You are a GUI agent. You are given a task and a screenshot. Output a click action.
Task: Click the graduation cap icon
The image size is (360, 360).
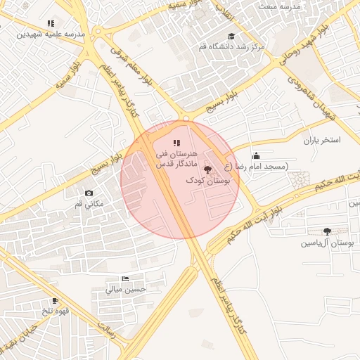tap(232, 36)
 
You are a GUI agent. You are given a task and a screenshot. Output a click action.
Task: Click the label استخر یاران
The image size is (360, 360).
tap(322, 140)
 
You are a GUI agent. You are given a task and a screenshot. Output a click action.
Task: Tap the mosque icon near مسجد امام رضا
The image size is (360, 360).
tap(256, 155)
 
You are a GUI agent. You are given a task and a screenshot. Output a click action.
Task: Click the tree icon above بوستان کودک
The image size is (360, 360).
tap(207, 169)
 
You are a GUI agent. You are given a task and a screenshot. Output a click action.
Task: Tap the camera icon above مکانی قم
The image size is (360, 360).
tap(89, 193)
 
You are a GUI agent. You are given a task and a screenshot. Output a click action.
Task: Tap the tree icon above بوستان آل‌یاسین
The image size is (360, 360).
tap(327, 231)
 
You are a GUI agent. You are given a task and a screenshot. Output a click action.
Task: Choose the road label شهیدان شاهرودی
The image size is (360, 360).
tap(313, 94)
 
